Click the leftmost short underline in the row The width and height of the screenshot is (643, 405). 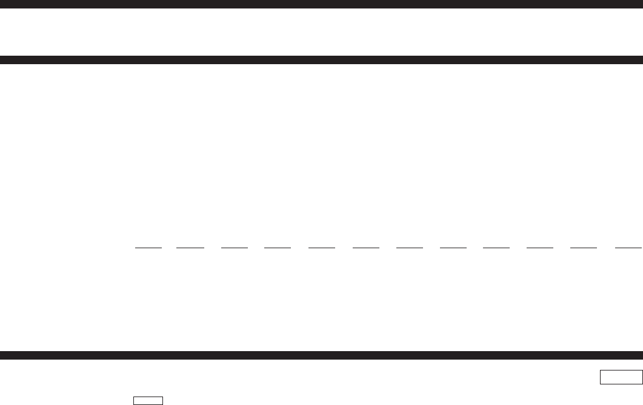(x=148, y=248)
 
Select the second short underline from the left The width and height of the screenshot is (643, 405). (x=190, y=248)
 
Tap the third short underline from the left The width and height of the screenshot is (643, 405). (x=235, y=248)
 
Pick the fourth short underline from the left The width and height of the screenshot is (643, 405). (x=278, y=248)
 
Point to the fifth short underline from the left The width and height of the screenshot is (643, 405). (x=322, y=248)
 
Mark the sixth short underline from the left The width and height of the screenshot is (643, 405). (x=366, y=248)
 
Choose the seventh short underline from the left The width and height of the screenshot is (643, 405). (x=410, y=248)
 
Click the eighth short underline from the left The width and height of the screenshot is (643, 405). (x=453, y=248)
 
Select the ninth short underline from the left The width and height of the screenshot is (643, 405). (x=496, y=248)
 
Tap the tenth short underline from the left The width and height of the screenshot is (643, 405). (x=540, y=248)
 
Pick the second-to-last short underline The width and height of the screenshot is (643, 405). (x=584, y=248)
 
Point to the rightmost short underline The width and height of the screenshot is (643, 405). (x=628, y=248)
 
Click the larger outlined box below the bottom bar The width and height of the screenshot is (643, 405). (x=621, y=377)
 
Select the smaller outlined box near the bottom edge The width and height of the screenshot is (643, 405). (x=148, y=400)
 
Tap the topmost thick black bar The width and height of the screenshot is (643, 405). (x=321, y=4)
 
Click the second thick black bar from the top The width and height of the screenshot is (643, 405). (x=321, y=60)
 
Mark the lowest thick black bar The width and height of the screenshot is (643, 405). (x=321, y=355)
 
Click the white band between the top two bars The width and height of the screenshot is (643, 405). (x=321, y=31)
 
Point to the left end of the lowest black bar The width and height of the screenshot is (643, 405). (x=4, y=355)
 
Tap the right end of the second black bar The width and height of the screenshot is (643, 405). (x=639, y=60)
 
